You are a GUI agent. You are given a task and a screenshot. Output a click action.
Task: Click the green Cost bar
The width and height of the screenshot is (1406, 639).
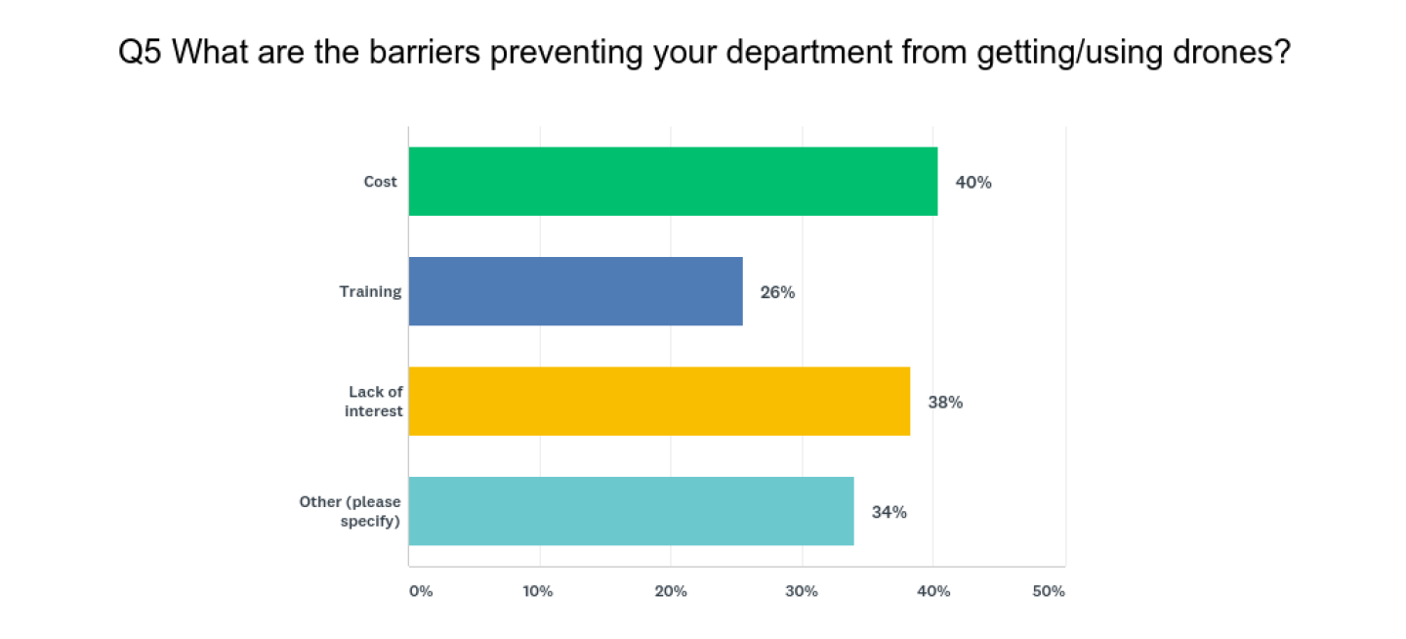tap(673, 182)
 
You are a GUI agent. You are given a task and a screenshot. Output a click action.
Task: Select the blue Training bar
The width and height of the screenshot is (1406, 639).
tap(575, 291)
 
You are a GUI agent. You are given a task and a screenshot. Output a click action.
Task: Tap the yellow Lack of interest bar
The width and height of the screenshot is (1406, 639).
tap(659, 402)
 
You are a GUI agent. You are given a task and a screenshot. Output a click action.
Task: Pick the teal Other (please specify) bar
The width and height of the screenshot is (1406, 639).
tap(631, 511)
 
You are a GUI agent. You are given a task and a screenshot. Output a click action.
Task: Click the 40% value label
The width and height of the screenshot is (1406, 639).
tap(973, 183)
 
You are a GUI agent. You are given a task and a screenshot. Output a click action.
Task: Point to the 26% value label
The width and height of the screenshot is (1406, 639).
tap(777, 292)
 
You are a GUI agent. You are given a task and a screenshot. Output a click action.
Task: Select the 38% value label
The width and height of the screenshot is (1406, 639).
tap(945, 402)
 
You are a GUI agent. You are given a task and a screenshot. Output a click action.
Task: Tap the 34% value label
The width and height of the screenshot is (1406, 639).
tap(889, 512)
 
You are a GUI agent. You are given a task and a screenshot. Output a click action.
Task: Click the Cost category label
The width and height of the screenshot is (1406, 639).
tap(381, 182)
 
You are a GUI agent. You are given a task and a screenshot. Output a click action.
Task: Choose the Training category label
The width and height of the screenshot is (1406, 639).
tap(370, 291)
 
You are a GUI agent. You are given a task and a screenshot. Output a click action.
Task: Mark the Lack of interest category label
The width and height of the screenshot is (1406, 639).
tap(374, 402)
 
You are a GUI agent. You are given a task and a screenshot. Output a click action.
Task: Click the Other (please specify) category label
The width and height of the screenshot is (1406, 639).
tap(351, 511)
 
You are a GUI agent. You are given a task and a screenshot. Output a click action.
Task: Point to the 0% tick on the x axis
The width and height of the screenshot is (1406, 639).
tap(420, 592)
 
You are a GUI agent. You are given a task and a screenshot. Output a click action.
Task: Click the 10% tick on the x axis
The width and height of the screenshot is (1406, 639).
tap(538, 592)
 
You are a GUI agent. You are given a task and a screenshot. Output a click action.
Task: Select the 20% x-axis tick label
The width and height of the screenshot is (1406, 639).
tap(671, 592)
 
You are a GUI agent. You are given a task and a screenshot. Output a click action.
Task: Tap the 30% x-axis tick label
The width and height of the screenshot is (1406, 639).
tap(802, 592)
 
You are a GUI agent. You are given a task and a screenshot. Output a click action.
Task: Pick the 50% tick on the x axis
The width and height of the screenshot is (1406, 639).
tap(1049, 592)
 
